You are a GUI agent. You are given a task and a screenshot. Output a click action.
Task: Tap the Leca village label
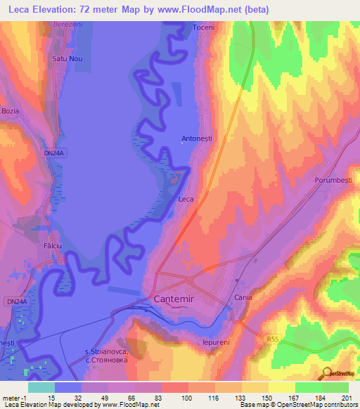point(186,199)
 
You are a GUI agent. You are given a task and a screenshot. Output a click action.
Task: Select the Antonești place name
point(197,138)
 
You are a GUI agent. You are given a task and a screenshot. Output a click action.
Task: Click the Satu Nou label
point(67,59)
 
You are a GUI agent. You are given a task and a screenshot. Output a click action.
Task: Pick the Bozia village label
point(11,112)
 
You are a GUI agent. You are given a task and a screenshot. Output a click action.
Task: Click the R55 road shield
point(274,339)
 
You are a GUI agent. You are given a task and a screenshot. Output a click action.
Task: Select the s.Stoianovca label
point(105,353)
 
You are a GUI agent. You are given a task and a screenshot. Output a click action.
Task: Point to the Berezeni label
point(67,24)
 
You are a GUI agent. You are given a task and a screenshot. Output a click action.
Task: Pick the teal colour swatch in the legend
point(41,387)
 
